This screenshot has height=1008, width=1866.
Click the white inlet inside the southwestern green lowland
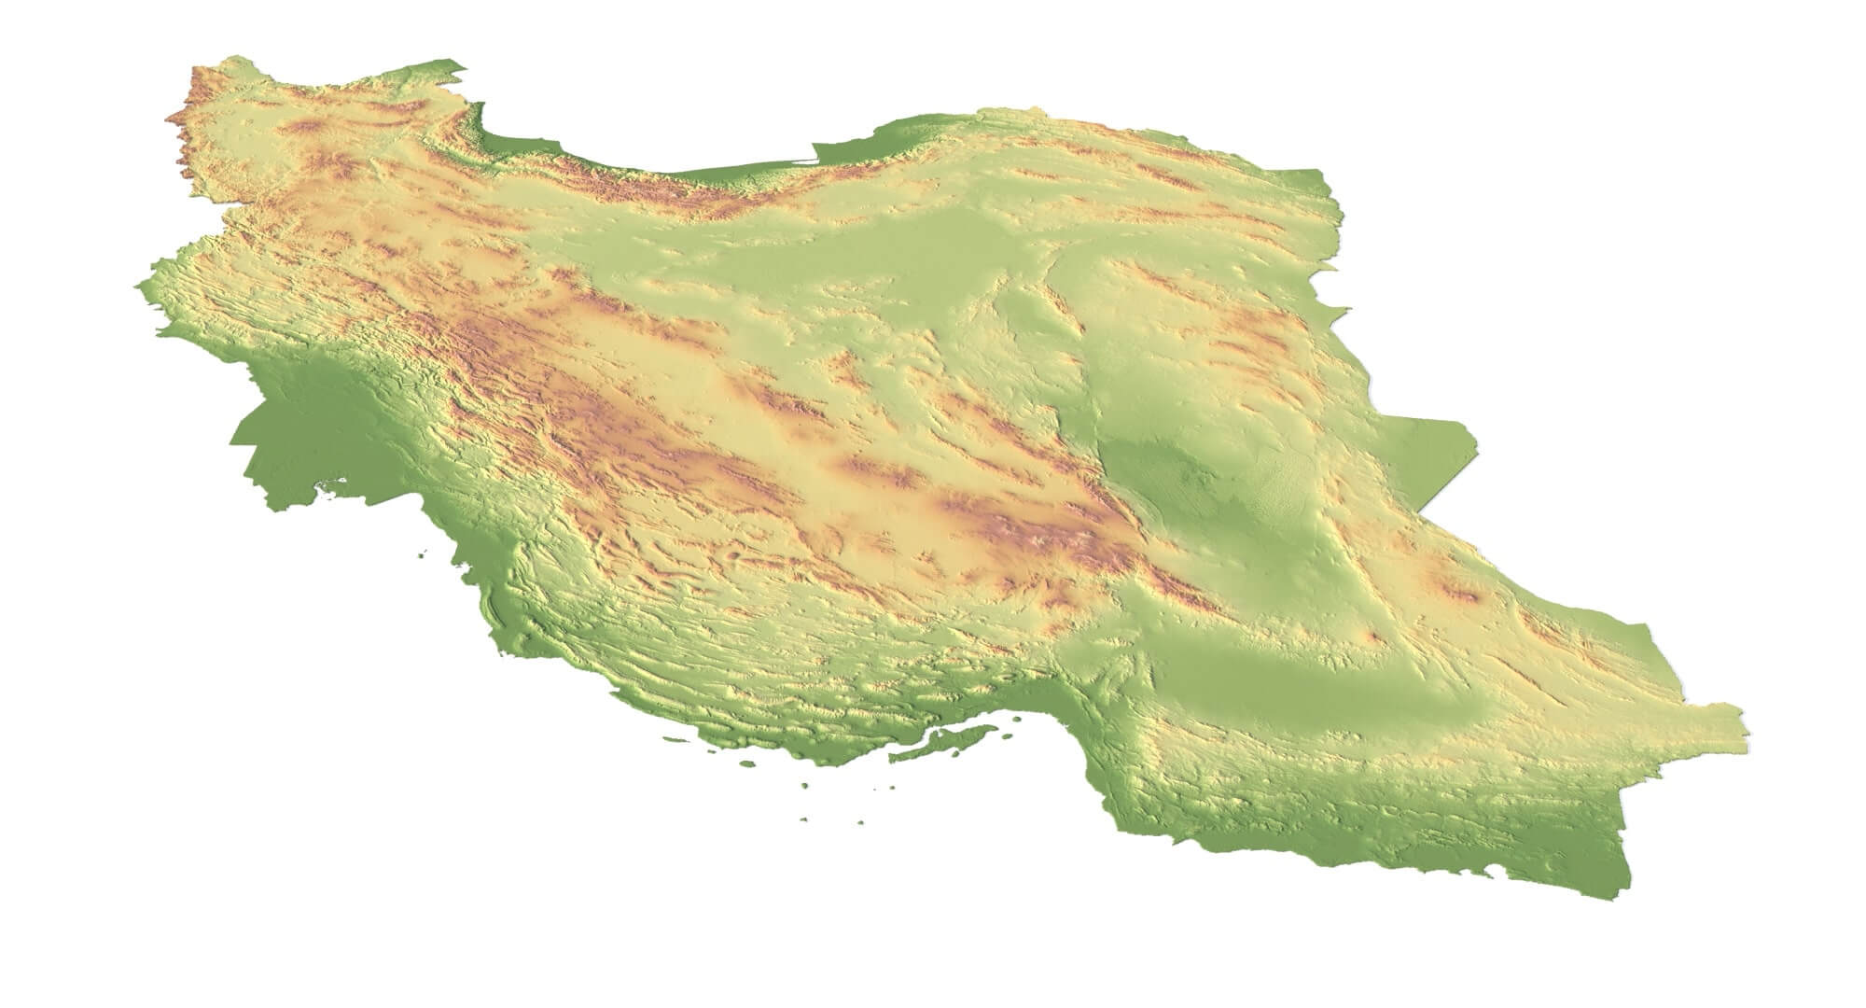pyautogui.click(x=328, y=482)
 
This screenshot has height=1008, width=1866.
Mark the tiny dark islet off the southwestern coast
pyautogui.click(x=425, y=553)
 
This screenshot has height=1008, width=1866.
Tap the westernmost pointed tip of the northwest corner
pyautogui.click(x=168, y=119)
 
